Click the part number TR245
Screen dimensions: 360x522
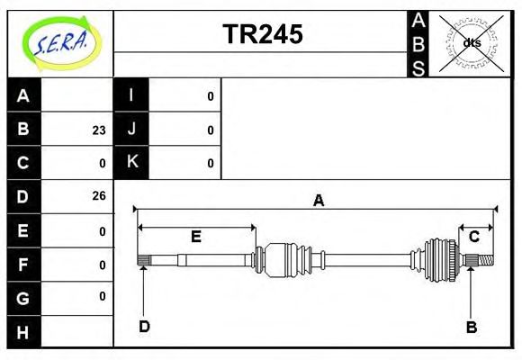click(262, 34)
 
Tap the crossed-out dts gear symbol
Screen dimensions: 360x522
click(471, 42)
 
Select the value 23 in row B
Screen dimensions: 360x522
click(98, 130)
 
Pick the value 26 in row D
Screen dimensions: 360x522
click(98, 196)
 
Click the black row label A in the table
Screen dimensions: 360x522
click(23, 96)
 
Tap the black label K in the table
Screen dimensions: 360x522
click(131, 163)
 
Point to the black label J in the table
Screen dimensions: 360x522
click(131, 130)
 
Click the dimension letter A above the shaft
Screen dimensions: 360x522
click(317, 201)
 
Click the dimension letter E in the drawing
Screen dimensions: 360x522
click(195, 237)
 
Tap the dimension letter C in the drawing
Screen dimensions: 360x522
click(474, 237)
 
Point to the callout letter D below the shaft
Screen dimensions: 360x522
click(144, 326)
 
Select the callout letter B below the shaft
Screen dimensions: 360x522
click(471, 326)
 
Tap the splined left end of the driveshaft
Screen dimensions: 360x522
click(142, 261)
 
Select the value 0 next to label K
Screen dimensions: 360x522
click(211, 163)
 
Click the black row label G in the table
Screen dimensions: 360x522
click(23, 297)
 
